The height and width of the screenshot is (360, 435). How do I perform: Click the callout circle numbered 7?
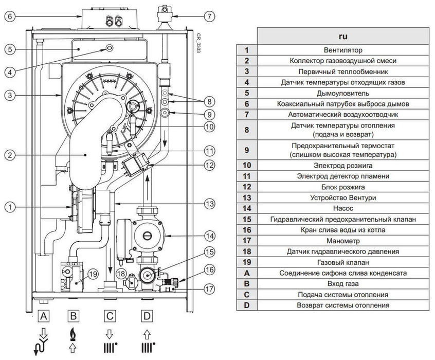click(208, 16)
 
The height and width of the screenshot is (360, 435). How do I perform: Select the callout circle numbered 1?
click(9, 207)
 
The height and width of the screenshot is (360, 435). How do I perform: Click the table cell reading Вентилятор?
click(343, 50)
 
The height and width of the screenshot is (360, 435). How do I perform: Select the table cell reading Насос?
click(343, 208)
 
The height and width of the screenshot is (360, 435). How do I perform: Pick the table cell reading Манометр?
click(343, 240)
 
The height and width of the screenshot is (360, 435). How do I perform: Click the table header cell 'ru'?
click(343, 37)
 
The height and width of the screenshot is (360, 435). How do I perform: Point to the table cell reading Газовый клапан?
click(343, 262)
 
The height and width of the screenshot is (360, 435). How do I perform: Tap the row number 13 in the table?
click(247, 197)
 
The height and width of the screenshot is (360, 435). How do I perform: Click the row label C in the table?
click(247, 295)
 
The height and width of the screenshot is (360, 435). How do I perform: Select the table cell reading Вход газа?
click(343, 283)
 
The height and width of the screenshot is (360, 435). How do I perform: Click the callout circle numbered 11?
click(209, 151)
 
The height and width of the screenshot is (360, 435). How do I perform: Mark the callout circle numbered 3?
click(9, 95)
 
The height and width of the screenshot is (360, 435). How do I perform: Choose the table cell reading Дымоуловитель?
click(343, 93)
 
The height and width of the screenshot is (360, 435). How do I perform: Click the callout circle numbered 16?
click(209, 269)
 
